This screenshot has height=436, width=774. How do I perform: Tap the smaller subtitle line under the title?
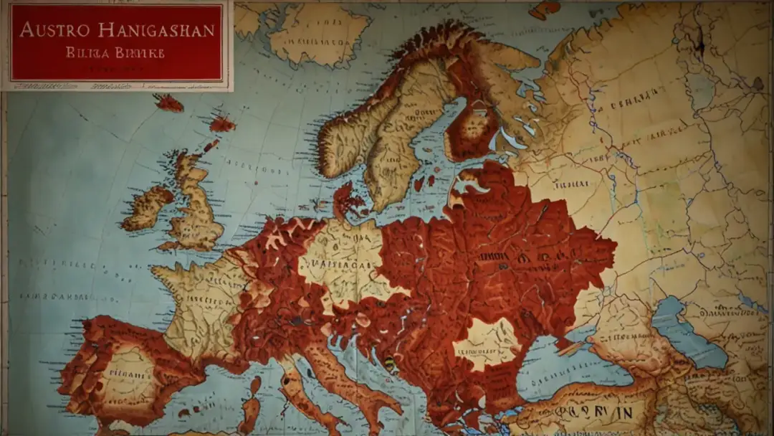[115, 53]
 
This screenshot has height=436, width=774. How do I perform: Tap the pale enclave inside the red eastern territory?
[487, 343]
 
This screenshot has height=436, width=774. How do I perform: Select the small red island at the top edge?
[545, 9]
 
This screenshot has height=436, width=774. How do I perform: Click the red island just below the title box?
[169, 103]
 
